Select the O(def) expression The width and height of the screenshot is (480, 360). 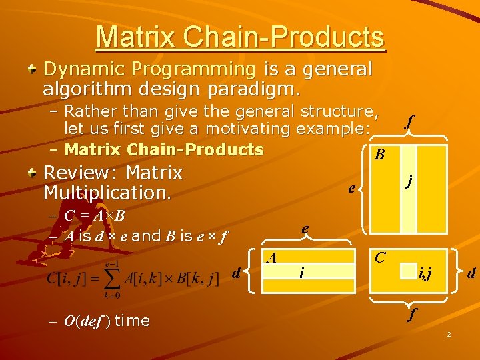click(87, 321)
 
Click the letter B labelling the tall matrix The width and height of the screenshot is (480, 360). click(379, 155)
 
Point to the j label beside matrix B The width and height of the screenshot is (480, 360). click(409, 180)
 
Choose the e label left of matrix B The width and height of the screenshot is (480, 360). click(351, 189)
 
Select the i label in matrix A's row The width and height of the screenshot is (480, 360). click(302, 272)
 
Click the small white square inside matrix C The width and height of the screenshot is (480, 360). click(408, 271)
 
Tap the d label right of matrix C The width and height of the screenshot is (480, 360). click(471, 273)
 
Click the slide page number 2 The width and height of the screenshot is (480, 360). click(449, 334)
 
